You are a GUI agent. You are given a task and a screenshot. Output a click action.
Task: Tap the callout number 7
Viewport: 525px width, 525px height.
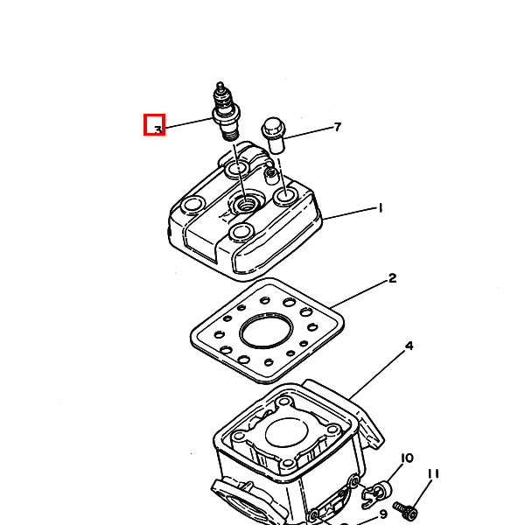pos(338,127)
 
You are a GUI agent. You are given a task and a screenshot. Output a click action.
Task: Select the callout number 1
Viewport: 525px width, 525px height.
pos(380,208)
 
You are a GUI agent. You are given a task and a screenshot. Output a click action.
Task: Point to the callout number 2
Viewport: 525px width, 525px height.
pos(392,278)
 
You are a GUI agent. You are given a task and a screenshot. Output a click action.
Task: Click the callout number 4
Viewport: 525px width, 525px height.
pos(409,346)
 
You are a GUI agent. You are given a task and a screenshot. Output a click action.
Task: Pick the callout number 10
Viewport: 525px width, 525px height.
pos(407,458)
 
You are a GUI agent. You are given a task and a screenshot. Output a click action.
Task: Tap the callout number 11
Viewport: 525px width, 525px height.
pos(433,473)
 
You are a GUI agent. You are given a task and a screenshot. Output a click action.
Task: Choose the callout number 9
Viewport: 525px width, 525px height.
pos(384,514)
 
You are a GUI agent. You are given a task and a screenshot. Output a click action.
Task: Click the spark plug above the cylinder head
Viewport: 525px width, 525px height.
pos(226,111)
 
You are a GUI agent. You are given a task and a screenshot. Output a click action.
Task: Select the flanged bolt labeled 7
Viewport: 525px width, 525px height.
pos(274,135)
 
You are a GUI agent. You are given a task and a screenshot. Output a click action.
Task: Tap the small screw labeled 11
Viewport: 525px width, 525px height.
pos(405,510)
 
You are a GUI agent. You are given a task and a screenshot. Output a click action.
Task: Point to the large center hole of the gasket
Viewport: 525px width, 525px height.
pos(266,331)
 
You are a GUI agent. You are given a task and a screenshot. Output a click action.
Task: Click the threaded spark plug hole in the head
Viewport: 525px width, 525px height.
pos(247,203)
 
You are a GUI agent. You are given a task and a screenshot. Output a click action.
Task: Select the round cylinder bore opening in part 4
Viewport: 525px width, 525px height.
pos(287,434)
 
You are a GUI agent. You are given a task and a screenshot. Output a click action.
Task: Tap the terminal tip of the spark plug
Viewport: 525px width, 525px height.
pos(220,84)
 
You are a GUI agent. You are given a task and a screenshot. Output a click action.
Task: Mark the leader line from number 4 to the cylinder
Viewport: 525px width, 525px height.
pos(377,374)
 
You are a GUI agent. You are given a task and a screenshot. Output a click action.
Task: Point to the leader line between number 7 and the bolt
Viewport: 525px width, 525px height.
pos(309,133)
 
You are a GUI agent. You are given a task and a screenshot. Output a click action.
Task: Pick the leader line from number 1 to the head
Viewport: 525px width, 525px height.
pos(350,213)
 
